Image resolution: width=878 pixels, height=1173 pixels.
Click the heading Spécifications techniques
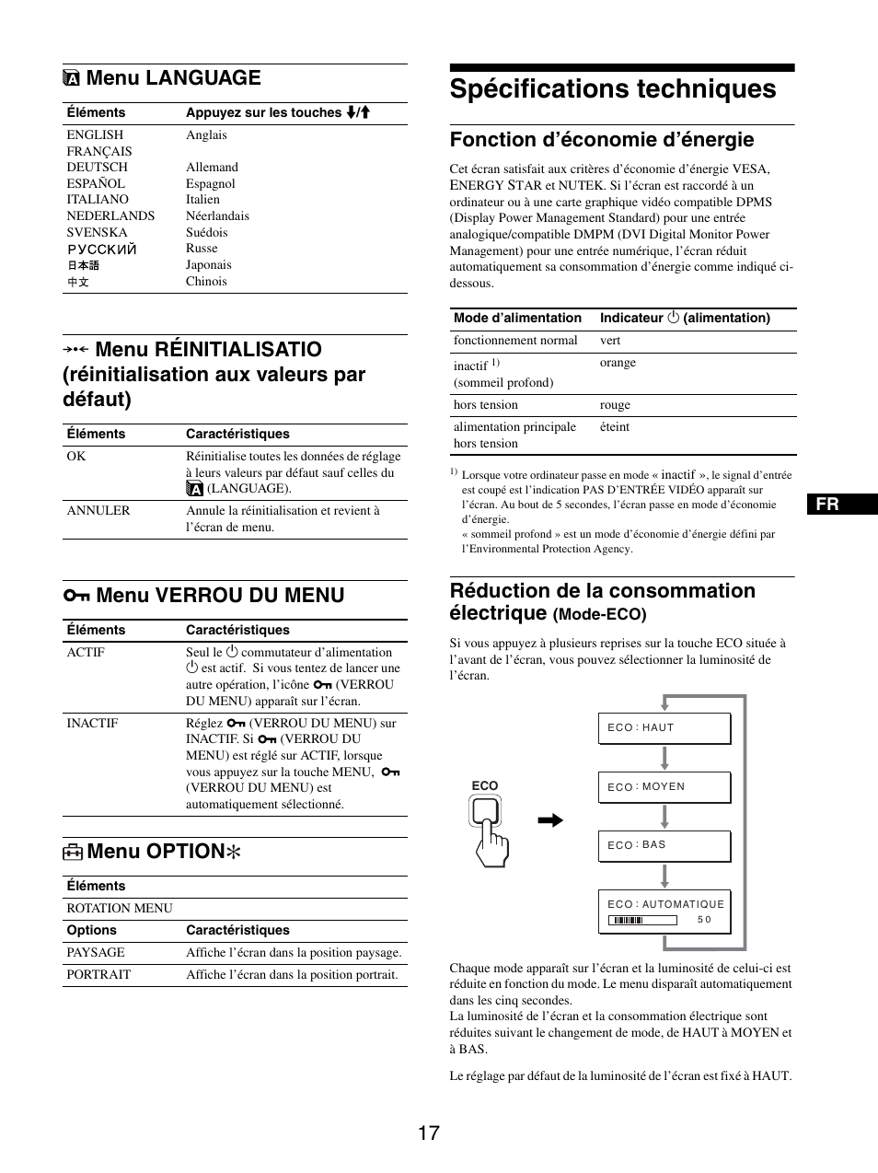(613, 89)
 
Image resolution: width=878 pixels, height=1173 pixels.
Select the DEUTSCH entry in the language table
(97, 167)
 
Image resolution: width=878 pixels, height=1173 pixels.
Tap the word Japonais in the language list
(209, 264)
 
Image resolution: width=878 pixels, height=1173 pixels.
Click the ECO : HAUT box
(664, 727)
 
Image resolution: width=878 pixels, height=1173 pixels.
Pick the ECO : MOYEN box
(664, 787)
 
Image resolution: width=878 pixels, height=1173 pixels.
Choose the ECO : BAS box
(664, 845)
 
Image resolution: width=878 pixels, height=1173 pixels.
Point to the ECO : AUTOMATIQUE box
(664, 911)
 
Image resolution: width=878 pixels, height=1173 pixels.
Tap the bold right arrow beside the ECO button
(550, 820)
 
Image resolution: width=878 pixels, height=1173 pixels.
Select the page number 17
(428, 1132)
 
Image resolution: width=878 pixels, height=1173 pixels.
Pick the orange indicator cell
(618, 363)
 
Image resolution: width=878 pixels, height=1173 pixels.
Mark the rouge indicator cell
(615, 405)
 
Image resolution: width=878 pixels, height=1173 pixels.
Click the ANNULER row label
(98, 511)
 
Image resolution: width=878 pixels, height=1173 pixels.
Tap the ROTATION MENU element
(120, 908)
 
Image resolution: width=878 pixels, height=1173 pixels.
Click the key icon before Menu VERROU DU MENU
(76, 596)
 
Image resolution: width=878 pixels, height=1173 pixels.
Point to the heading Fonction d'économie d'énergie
(601, 140)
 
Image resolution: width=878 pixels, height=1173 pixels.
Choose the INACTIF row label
(92, 723)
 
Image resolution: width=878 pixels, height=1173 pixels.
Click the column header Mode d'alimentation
(517, 318)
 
